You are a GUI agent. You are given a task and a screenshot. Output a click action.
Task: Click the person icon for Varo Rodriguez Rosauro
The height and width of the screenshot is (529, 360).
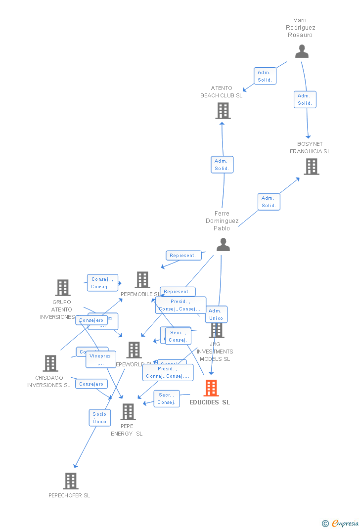pyautogui.click(x=302, y=51)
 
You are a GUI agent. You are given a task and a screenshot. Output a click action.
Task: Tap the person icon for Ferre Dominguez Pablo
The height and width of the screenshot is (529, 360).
pyautogui.click(x=223, y=244)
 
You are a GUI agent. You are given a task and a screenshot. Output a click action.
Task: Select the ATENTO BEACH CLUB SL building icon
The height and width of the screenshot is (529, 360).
pyautogui.click(x=223, y=111)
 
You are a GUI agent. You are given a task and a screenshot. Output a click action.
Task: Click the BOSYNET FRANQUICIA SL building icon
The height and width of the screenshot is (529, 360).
pyautogui.click(x=311, y=167)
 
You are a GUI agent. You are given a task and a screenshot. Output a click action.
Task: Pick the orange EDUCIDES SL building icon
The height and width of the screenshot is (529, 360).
pyautogui.click(x=211, y=388)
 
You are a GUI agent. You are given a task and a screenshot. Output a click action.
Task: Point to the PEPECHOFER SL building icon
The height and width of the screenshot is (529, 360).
pyautogui.click(x=71, y=481)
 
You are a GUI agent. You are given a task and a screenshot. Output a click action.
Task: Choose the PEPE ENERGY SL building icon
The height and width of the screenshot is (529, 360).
pyautogui.click(x=128, y=411)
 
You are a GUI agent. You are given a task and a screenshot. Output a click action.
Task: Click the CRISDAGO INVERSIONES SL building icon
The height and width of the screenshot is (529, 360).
pyautogui.click(x=50, y=363)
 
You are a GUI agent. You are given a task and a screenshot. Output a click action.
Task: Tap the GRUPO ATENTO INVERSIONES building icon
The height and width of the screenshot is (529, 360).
pyautogui.click(x=62, y=287)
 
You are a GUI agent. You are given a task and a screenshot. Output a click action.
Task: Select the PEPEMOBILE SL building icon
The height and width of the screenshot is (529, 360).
pyautogui.click(x=142, y=280)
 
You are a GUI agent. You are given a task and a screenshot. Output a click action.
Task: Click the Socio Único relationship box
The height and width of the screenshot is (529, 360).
pyautogui.click(x=99, y=418)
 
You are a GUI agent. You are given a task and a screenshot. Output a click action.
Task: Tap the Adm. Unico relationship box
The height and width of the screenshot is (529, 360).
pyautogui.click(x=216, y=314)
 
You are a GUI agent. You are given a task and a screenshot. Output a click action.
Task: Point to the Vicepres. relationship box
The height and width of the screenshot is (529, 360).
pyautogui.click(x=101, y=359)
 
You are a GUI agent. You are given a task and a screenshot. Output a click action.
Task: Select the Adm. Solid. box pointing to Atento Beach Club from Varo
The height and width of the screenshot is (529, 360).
pyautogui.click(x=265, y=76)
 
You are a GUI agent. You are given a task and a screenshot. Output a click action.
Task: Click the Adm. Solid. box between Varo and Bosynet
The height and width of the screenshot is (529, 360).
pyautogui.click(x=305, y=99)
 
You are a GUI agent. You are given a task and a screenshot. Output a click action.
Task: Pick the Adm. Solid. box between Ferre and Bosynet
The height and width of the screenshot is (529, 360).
pyautogui.click(x=269, y=202)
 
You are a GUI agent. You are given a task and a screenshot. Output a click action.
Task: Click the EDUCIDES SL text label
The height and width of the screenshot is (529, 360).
pyautogui.click(x=210, y=402)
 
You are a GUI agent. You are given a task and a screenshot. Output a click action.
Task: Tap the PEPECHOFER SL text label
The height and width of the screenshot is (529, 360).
pyautogui.click(x=69, y=495)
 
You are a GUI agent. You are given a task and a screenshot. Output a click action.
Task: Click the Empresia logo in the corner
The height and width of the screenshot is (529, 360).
pyautogui.click(x=341, y=523)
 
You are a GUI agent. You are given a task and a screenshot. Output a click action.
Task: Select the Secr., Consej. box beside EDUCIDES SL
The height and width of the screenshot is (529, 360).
pyautogui.click(x=166, y=398)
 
